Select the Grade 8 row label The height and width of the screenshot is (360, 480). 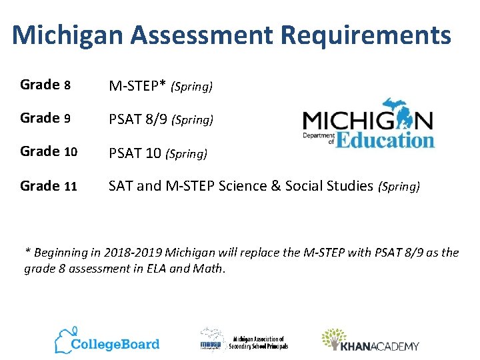45,85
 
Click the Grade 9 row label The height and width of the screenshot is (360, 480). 45,118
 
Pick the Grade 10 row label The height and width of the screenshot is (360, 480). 49,151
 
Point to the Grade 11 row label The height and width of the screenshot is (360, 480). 49,186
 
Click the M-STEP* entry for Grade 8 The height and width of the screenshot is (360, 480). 138,86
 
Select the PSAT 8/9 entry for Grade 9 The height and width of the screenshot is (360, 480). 138,120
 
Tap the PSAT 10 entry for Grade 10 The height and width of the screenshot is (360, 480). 135,153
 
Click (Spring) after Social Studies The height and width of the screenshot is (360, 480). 399,187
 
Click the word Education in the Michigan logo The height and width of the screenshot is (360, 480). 385,139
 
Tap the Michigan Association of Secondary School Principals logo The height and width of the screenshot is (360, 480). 244,341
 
